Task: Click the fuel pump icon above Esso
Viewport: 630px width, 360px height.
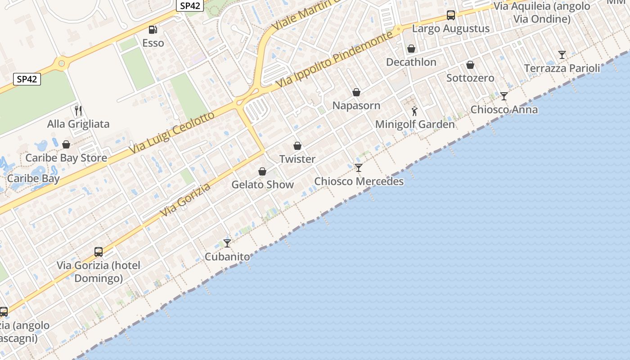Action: (x=153, y=30)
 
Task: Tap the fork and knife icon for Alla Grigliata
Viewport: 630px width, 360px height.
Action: (x=78, y=110)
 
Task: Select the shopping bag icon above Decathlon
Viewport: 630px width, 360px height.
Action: (x=411, y=49)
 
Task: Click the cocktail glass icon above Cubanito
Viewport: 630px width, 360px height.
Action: (x=227, y=243)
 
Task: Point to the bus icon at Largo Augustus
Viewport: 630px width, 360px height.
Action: (x=451, y=15)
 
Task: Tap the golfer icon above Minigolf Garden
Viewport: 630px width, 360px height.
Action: (x=414, y=111)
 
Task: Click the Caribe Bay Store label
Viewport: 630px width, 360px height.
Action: (x=66, y=158)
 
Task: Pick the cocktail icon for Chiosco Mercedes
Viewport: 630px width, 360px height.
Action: (x=359, y=168)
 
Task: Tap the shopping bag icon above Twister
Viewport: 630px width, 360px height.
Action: (x=297, y=146)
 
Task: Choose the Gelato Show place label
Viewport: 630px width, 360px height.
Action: (x=262, y=184)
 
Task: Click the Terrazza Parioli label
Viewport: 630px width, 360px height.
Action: (x=562, y=68)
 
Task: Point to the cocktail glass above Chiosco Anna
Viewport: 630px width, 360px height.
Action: (x=504, y=96)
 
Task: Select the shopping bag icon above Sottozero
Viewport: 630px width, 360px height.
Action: (x=470, y=65)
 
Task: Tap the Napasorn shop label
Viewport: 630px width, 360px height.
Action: (x=356, y=106)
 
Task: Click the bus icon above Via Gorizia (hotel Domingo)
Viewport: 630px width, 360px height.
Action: (x=99, y=252)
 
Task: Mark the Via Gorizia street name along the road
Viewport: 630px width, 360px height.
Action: (x=185, y=199)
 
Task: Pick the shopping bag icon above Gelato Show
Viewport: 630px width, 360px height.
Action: (x=262, y=171)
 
